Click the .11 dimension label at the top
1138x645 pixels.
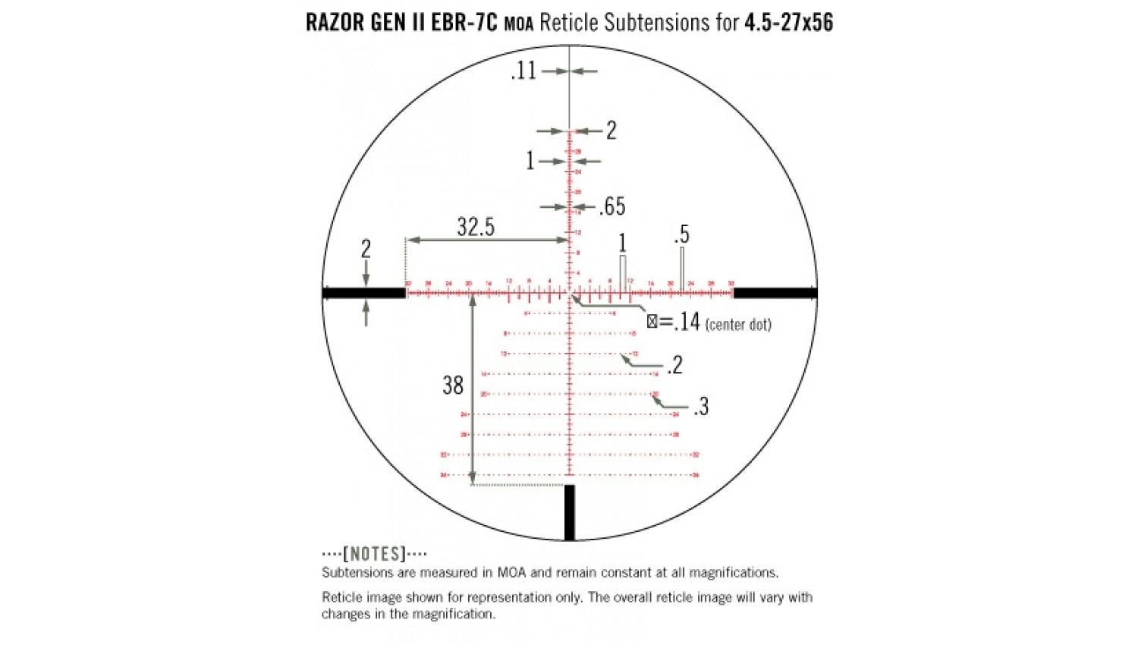point(523,71)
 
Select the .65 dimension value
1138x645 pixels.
point(612,206)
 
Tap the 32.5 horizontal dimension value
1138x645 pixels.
point(476,227)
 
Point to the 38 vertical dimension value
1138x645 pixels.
point(453,385)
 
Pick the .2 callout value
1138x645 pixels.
point(674,366)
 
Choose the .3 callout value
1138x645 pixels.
point(701,407)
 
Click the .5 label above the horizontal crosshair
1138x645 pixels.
point(681,235)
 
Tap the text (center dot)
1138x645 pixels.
point(738,325)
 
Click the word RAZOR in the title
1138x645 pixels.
point(335,23)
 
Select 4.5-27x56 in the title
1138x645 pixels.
point(788,23)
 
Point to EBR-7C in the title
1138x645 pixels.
point(464,23)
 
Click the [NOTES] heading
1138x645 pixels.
point(375,554)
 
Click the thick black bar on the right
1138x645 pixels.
point(775,293)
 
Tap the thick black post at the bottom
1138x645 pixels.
point(570,512)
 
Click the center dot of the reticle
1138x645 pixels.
point(570,293)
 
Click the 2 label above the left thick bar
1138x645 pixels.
point(366,249)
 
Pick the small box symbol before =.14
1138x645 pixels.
point(652,322)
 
